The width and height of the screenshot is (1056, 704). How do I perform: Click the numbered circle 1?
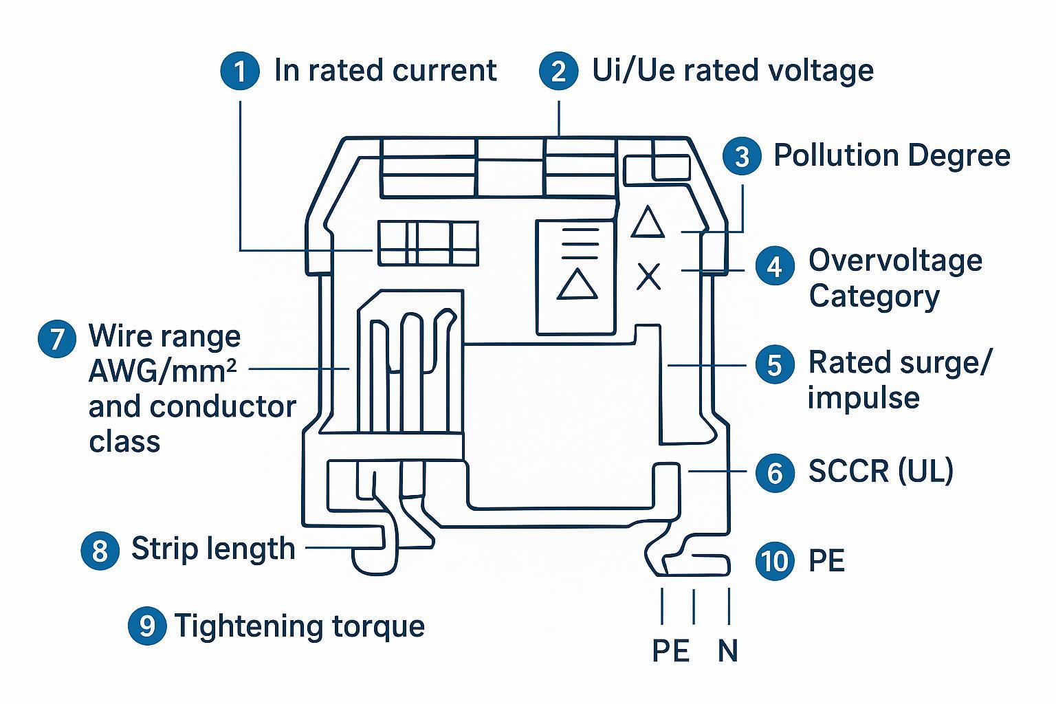pyautogui.click(x=240, y=71)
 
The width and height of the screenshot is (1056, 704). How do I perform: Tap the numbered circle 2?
pyautogui.click(x=558, y=71)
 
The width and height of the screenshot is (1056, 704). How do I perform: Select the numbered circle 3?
pyautogui.click(x=742, y=156)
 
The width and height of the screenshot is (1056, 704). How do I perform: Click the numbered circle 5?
pyautogui.click(x=775, y=364)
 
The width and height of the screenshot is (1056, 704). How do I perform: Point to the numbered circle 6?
pyautogui.click(x=775, y=472)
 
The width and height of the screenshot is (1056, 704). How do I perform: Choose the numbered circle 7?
pyautogui.click(x=57, y=339)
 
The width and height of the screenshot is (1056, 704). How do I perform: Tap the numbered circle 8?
pyautogui.click(x=100, y=550)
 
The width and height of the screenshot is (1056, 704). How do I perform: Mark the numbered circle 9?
pyautogui.click(x=147, y=626)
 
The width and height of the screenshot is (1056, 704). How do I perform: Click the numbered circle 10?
pyautogui.click(x=775, y=560)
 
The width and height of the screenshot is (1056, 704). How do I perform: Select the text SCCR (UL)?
pyautogui.click(x=881, y=471)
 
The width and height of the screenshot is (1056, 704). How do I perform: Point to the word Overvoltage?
pyautogui.click(x=895, y=261)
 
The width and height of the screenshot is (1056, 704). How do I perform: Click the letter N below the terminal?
pyautogui.click(x=727, y=650)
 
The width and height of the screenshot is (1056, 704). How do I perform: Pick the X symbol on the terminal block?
pyautogui.click(x=648, y=276)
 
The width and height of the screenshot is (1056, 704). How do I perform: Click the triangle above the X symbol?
pyautogui.click(x=647, y=223)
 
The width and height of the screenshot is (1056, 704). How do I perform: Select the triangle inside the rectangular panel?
pyautogui.click(x=577, y=285)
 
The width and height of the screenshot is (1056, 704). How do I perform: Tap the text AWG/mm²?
pyautogui.click(x=162, y=372)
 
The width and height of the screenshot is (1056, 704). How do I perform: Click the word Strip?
pyautogui.click(x=161, y=549)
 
